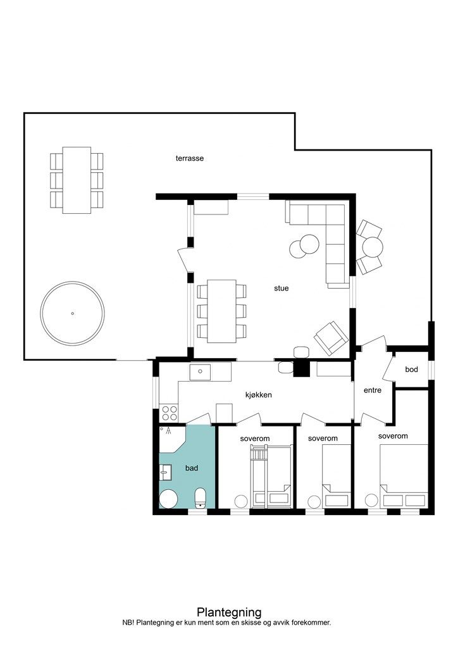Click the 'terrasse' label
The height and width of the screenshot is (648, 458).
[x=190, y=158]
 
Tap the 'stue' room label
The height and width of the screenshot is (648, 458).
[x=282, y=288]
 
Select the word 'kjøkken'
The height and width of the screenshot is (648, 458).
[x=259, y=395]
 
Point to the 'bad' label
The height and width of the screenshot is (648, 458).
[x=192, y=468]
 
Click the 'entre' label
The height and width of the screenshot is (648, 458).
[x=373, y=390]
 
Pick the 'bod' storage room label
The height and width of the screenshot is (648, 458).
[x=411, y=370]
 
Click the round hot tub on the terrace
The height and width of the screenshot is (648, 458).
[x=72, y=313]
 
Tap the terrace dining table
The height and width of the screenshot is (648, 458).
[x=77, y=180]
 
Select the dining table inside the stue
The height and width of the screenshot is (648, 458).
[x=222, y=311]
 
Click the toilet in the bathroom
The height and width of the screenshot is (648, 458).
[x=201, y=497]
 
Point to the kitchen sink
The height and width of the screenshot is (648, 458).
[x=201, y=372]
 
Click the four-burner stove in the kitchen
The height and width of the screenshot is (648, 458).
[x=169, y=413]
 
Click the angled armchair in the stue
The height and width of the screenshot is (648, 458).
[x=331, y=338]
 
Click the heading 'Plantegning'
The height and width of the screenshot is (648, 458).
[x=229, y=612]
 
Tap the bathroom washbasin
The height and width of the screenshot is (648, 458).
[x=166, y=472]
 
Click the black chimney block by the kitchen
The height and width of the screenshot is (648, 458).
[x=302, y=368]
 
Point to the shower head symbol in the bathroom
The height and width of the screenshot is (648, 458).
[x=168, y=432]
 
